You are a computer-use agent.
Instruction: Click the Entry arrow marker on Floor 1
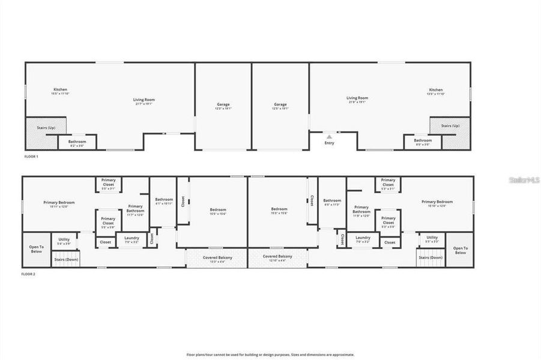[x=329, y=137]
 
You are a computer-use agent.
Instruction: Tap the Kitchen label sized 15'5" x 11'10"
[x=60, y=91]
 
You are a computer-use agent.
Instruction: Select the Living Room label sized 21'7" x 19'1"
[x=144, y=101]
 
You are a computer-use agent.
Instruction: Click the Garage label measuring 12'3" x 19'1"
[x=223, y=106]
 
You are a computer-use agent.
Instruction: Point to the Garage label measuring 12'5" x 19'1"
[x=280, y=106]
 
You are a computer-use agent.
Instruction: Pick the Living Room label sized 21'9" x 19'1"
[x=357, y=100]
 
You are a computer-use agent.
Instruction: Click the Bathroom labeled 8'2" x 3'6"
[x=77, y=143]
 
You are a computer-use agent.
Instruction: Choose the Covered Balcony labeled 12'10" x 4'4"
[x=277, y=258]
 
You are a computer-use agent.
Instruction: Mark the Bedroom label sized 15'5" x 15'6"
[x=218, y=211]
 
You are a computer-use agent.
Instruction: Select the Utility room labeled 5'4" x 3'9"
[x=64, y=241]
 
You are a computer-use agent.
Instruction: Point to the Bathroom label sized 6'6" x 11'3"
[x=332, y=202]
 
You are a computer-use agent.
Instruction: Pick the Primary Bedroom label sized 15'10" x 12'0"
[x=437, y=203]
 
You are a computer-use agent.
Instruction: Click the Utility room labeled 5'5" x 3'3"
[x=432, y=239]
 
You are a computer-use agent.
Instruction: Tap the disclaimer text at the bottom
[x=270, y=355]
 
